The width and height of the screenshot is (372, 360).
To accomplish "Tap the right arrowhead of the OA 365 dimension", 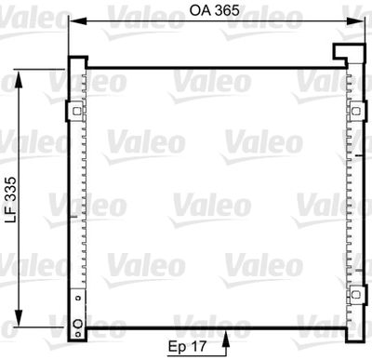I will point(356,20).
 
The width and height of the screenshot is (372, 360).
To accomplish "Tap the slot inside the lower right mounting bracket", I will point(355,295).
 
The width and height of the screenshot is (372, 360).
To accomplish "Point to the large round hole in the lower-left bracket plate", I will point(78,323).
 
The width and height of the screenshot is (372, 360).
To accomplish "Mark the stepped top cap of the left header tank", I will point(77,62).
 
